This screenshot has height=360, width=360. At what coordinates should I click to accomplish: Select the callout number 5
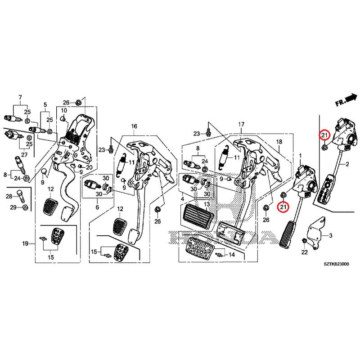coord(45,105)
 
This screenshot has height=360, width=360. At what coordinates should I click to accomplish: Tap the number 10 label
coord(64,111)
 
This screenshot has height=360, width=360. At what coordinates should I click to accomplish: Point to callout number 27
coord(24,155)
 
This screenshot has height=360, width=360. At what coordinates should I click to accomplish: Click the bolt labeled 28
coord(22,196)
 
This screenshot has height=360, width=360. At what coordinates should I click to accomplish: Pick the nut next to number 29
coord(26,207)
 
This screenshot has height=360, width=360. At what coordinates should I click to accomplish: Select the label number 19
coord(26,243)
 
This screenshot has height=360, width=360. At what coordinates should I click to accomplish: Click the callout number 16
coord(134,127)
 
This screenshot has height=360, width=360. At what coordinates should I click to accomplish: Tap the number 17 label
coord(241,124)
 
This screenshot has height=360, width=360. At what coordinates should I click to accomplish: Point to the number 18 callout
coord(279,142)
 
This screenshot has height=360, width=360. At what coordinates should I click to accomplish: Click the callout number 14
coord(232,255)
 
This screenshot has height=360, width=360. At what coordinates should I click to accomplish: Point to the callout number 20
coord(89,167)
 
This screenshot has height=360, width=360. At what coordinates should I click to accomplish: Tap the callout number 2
coord(347,165)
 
